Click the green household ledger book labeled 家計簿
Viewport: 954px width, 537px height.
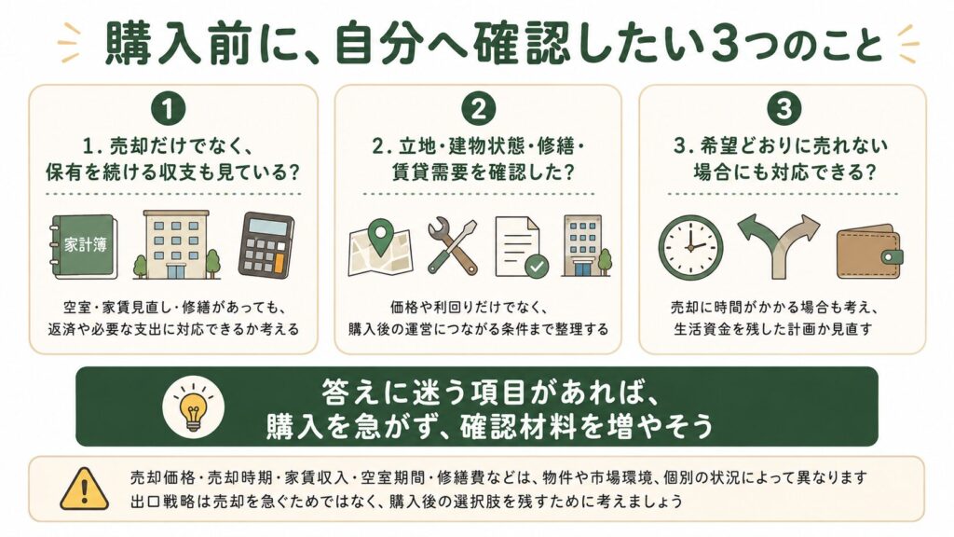(83, 246)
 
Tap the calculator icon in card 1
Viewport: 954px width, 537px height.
(266, 245)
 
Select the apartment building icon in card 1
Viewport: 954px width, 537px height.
(176, 245)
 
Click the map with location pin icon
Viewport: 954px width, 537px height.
(380, 247)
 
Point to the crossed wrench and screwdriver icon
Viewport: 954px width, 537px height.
(452, 246)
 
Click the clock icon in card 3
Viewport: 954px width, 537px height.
(690, 247)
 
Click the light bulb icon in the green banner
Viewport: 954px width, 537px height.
(193, 406)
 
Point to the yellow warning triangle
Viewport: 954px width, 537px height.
(84, 489)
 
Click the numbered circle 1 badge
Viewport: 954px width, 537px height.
(168, 110)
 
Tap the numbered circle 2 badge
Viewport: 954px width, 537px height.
(479, 110)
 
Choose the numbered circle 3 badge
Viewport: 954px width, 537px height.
(784, 110)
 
